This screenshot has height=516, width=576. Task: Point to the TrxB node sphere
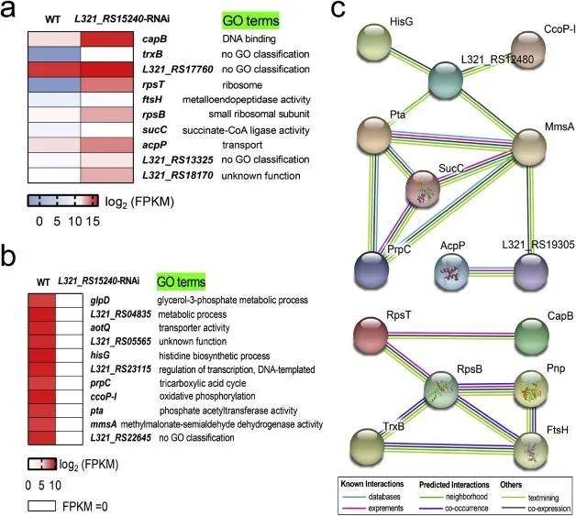coord(384,451)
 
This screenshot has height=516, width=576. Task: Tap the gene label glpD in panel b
coord(102,300)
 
